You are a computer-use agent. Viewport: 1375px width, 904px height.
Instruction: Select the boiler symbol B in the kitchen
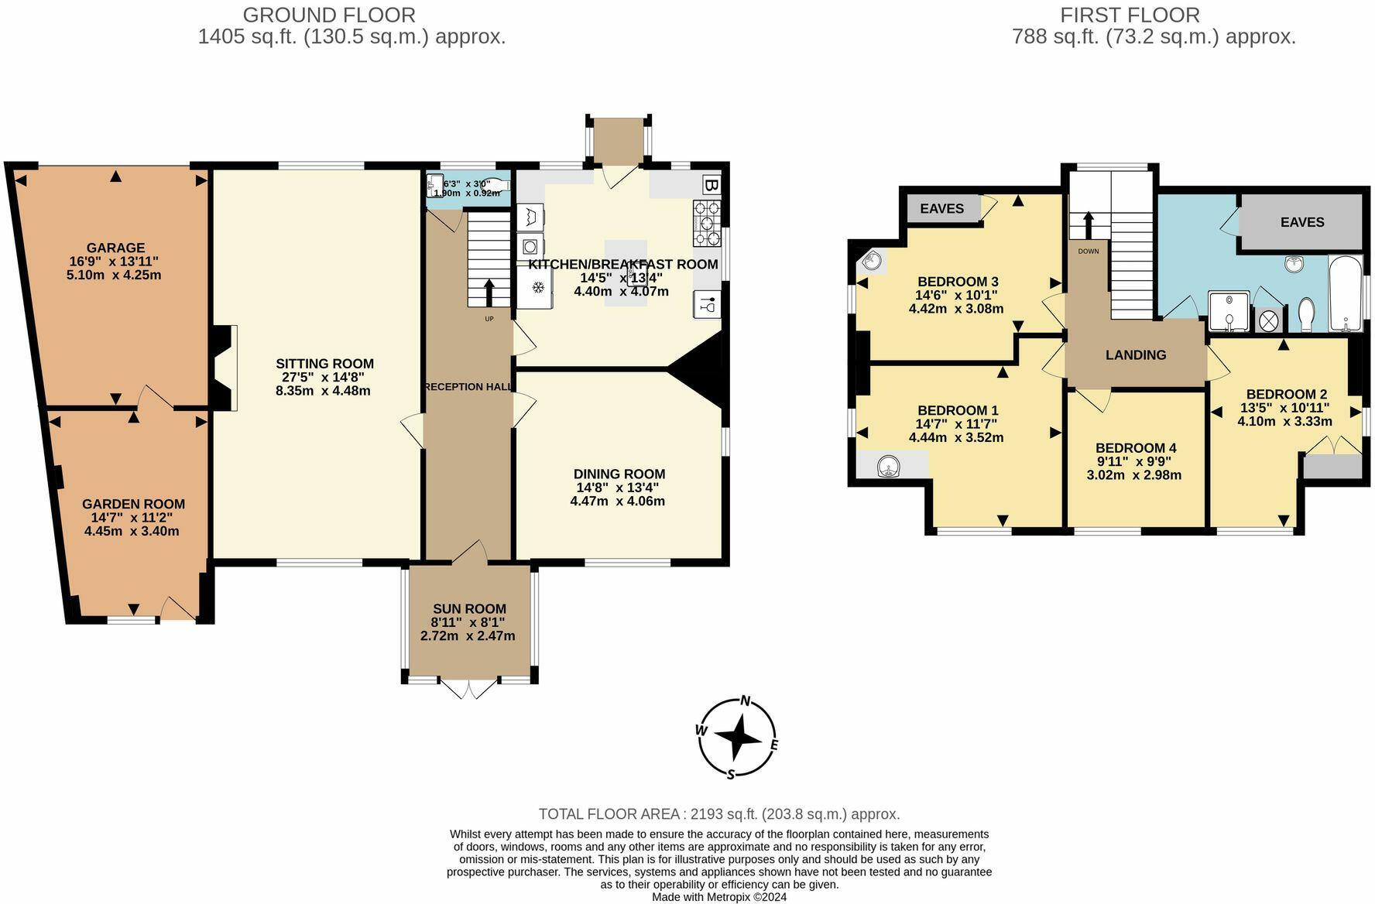click(710, 185)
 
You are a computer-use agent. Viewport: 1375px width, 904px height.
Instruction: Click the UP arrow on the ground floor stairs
click(489, 293)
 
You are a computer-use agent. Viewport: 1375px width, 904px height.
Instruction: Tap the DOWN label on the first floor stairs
click(1088, 252)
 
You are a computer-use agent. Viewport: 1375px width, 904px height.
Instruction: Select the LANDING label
click(1135, 355)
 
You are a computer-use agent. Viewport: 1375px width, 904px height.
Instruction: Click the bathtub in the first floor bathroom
click(1346, 294)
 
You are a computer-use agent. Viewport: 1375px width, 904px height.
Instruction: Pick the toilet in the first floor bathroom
click(1306, 313)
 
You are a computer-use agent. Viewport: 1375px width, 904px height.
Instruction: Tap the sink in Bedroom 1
click(889, 466)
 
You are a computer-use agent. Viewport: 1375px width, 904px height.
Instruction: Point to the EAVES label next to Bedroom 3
click(941, 209)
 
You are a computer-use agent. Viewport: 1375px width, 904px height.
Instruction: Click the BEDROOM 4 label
click(1135, 448)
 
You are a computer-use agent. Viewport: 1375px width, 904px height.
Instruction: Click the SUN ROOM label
click(469, 609)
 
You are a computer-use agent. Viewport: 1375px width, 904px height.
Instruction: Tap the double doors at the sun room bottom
click(468, 688)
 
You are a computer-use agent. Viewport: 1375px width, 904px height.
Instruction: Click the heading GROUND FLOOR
click(329, 15)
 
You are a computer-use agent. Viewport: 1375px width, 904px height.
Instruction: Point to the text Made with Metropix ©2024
click(718, 897)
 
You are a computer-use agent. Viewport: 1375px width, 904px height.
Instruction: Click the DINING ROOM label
click(619, 474)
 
